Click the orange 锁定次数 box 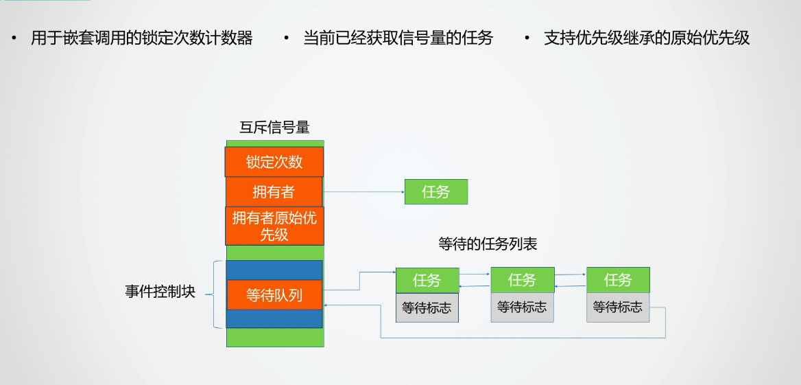pos(274,162)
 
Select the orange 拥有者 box pos(274,192)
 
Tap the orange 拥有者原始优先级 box pos(274,226)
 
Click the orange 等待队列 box pos(274,295)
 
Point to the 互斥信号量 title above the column pos(274,127)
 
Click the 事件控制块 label pos(160,292)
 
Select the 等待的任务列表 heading pos(487,244)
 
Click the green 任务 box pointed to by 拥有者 pos(436,192)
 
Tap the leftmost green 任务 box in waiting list pos(427,280)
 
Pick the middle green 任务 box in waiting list pos(523,280)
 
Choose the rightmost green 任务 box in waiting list pos(618,280)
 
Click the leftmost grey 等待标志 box pos(427,307)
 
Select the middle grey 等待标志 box pos(523,307)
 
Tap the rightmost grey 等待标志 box pos(618,307)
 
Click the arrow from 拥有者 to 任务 pos(363,192)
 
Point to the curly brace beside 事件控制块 pos(217,294)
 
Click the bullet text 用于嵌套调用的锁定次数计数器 pos(141,38)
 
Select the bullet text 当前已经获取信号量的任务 pos(398,38)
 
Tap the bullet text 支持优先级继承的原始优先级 pos(647,38)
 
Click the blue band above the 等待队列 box pos(274,270)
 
